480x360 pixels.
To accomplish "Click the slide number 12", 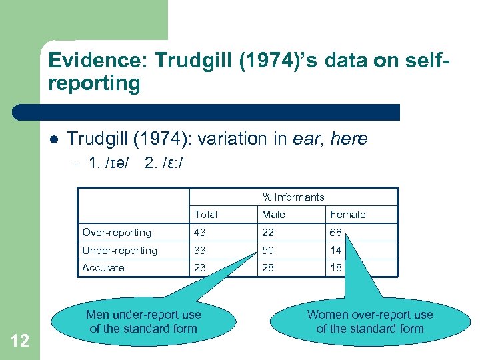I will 20,341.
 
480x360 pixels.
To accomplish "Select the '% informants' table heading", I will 293,197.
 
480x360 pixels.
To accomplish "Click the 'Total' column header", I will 205,215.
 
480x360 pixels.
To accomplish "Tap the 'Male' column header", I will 273,215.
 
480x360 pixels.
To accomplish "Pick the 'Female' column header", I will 348,215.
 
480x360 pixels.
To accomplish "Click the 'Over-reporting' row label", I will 117,233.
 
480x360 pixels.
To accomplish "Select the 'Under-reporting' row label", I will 119,251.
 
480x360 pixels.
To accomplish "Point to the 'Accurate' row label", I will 103,268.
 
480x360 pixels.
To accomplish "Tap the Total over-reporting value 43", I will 200,233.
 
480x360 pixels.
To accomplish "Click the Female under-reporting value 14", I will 336,251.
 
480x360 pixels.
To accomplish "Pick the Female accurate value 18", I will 336,268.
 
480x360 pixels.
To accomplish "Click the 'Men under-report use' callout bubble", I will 143,321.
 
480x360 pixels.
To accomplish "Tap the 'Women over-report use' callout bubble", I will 370,321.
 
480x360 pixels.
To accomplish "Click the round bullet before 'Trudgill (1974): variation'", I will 53,139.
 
